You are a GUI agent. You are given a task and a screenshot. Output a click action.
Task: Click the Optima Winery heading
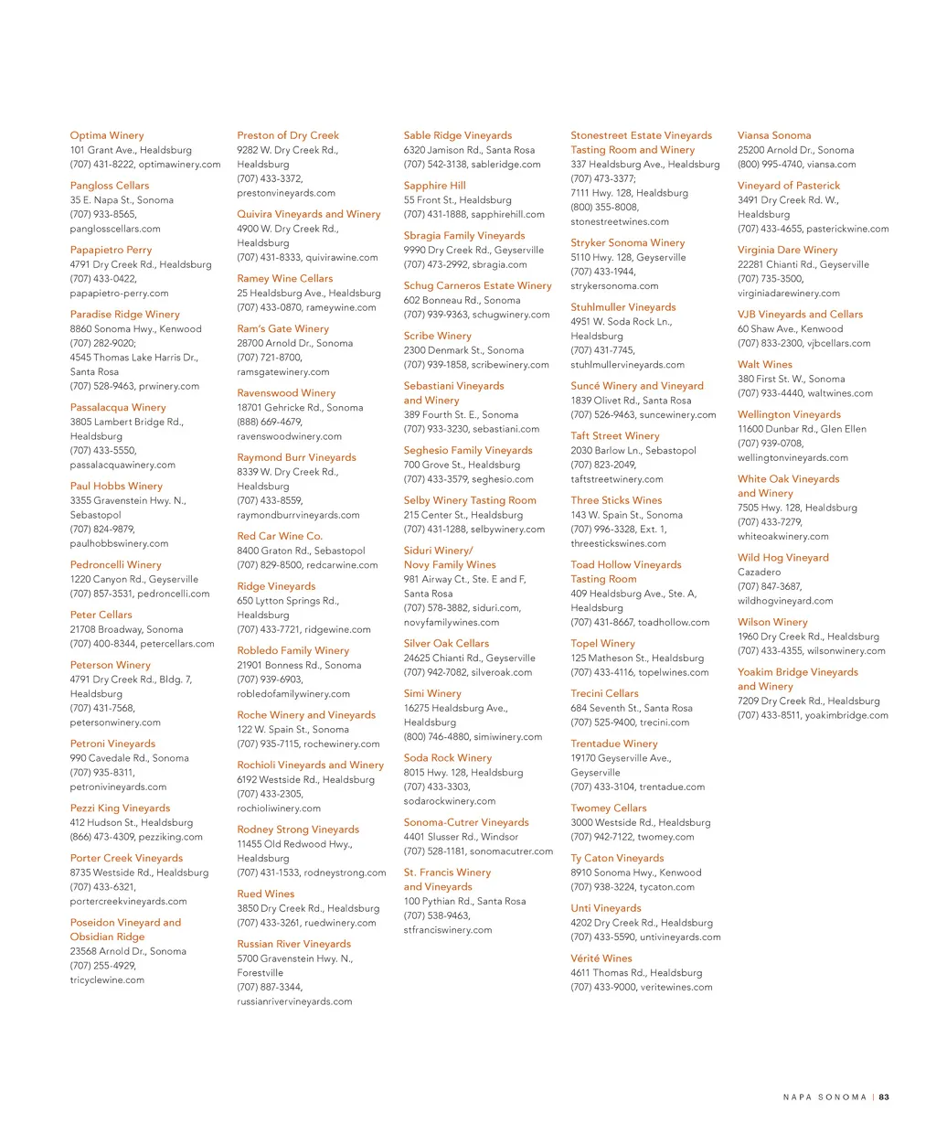[x=107, y=135]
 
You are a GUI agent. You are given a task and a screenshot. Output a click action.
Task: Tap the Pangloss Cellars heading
[x=110, y=186]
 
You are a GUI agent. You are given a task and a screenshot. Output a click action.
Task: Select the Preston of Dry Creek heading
[x=288, y=135]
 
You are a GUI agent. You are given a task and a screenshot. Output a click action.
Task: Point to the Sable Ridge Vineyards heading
[x=458, y=135]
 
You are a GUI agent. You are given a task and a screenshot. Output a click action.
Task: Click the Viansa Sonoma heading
[x=774, y=135]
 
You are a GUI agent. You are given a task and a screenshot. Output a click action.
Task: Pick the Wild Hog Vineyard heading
[x=783, y=558]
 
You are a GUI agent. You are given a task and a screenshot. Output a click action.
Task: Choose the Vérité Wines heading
[x=601, y=958]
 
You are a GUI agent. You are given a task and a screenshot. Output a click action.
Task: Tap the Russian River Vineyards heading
[x=294, y=944]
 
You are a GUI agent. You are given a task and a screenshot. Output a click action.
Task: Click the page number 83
[x=884, y=1097]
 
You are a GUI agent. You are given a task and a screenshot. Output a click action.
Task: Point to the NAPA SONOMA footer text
[x=824, y=1097]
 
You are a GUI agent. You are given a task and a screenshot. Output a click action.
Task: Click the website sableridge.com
[x=506, y=165]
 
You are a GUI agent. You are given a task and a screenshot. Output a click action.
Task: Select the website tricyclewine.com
[x=107, y=980]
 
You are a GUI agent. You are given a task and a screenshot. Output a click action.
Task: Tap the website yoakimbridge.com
[x=846, y=715]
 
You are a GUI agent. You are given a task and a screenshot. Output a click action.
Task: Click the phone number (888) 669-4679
[x=270, y=422]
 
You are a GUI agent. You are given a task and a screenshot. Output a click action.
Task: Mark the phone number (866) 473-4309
[x=102, y=837]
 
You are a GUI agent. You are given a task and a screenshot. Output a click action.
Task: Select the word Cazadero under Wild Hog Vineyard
[x=760, y=573]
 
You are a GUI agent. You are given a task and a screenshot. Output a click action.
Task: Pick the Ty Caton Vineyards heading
[x=617, y=858]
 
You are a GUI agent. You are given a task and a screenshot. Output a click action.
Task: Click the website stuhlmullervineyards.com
[x=628, y=365]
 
